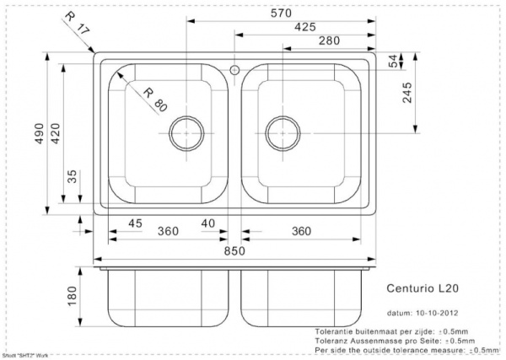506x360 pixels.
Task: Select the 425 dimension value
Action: point(306,27)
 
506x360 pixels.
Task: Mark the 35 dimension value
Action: point(72,177)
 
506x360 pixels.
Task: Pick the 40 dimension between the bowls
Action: point(207,223)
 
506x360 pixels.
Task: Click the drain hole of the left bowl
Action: point(185,132)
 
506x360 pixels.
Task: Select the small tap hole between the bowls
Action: point(234,67)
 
